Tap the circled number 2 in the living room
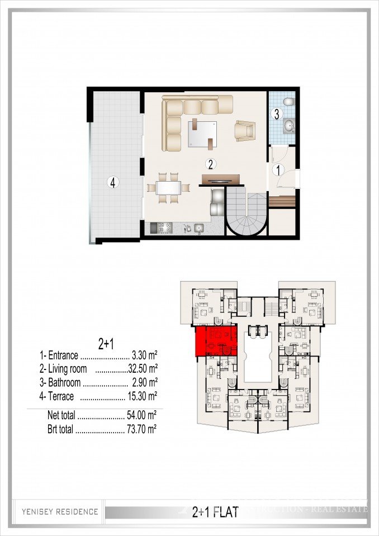pyautogui.click(x=210, y=164)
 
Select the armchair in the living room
pyautogui.click(x=245, y=131)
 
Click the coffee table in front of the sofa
pyautogui.click(x=202, y=133)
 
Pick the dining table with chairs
pyautogui.click(x=168, y=186)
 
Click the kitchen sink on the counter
pyautogui.click(x=198, y=228)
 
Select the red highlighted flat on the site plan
pyautogui.click(x=216, y=342)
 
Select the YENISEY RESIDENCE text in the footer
pyautogui.click(x=60, y=511)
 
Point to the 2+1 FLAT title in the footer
pyautogui.click(x=215, y=511)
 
